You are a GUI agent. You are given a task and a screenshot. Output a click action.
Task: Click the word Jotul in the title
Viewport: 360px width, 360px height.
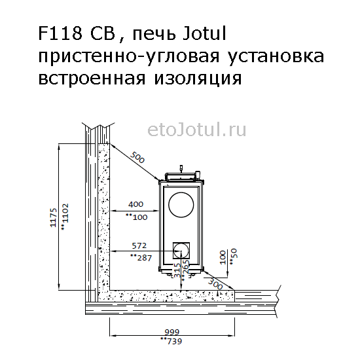point(205,33)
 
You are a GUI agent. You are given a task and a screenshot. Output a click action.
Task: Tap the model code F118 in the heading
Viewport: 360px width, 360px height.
point(60,33)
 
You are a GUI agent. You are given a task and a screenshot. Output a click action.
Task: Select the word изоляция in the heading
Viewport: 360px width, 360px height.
point(198,79)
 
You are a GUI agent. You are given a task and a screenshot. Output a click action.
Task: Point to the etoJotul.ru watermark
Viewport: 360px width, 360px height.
point(197,130)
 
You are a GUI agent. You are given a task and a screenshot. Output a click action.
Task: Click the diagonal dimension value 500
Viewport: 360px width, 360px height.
point(137,157)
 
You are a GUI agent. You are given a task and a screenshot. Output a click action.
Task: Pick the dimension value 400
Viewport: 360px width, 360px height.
point(135,204)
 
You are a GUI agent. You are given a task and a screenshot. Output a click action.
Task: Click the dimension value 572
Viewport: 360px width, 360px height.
point(139,246)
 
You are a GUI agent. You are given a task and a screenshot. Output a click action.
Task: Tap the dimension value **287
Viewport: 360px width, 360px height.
point(141,258)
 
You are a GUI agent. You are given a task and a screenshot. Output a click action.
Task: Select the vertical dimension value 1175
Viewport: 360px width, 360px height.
point(53,218)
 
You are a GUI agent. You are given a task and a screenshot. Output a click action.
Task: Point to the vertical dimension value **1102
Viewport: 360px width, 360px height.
point(65,217)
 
